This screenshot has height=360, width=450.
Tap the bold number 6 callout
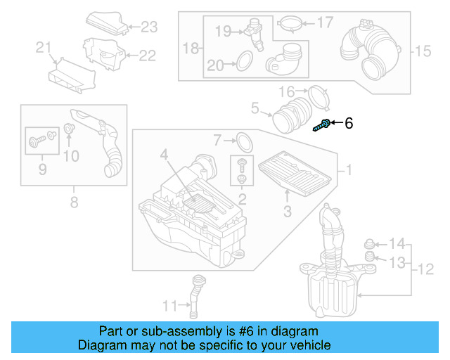349,124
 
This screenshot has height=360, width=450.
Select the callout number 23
149,27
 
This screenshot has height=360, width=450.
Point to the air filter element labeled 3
293,173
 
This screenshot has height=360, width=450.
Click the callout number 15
422,51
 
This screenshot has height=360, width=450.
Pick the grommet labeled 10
69,129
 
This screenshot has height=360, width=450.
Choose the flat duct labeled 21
70,75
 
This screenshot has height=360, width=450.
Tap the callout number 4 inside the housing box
162,154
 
